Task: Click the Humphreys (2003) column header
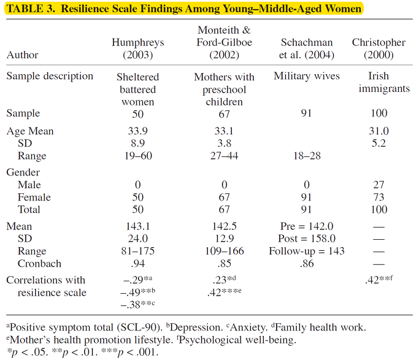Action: click(138, 48)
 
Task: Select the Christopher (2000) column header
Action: click(379, 48)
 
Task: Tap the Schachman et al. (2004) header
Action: click(307, 48)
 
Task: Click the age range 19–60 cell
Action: click(138, 156)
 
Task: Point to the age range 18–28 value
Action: click(307, 156)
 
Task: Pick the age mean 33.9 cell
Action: click(138, 131)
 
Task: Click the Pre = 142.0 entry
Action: click(307, 226)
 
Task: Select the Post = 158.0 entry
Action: click(307, 239)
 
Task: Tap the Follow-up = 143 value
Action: click(307, 251)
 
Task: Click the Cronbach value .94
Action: click(138, 264)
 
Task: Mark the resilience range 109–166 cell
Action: click(225, 251)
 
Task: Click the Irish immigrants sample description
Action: click(384, 82)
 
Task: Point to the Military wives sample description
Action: click(307, 76)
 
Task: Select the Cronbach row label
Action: click(39, 264)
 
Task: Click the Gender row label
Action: click(23, 172)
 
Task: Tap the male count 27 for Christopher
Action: click(379, 185)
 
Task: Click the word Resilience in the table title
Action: click(85, 9)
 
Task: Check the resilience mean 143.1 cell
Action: click(138, 226)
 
